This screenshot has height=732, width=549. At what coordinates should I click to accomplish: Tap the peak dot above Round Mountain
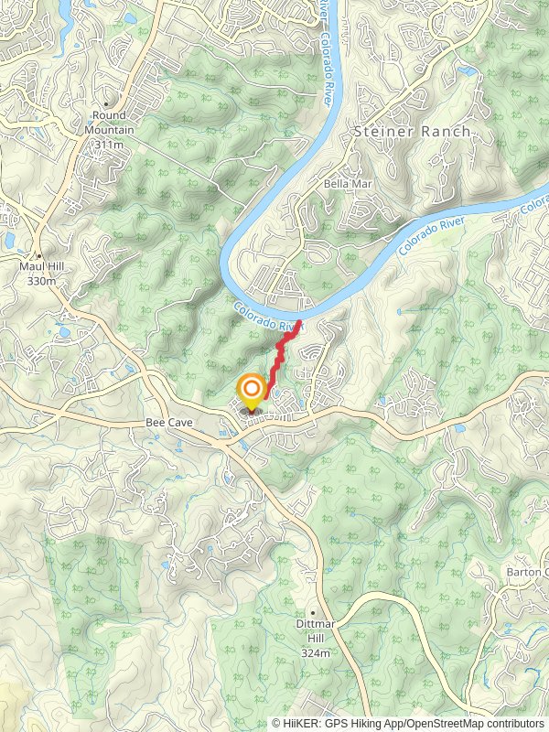coord(106,103)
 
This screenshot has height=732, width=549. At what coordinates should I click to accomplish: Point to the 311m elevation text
coord(113,145)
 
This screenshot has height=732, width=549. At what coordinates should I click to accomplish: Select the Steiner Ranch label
coord(412,132)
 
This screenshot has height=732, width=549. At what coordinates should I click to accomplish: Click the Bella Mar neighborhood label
coord(344,184)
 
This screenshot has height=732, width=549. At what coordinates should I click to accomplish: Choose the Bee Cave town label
coord(167,424)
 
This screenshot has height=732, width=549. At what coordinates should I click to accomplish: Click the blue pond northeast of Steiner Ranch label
coord(468,70)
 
